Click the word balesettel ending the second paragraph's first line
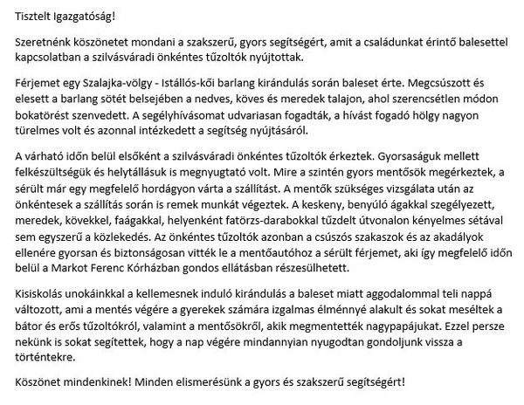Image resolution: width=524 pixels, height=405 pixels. (x=483, y=43)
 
